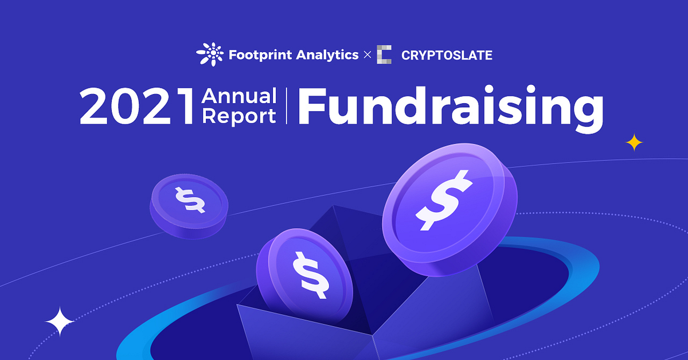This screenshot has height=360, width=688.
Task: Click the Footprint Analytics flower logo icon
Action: (x=210, y=55)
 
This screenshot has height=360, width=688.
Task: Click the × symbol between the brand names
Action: (x=368, y=56)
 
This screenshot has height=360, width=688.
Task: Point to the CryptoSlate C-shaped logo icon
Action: (x=384, y=55)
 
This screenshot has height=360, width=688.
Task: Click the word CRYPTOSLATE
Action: (x=447, y=56)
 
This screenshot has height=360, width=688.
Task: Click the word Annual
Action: (x=239, y=96)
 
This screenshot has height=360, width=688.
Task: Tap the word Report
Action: (x=239, y=116)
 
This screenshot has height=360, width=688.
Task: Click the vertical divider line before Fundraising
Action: (x=286, y=107)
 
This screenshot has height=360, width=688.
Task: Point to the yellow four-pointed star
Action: (x=634, y=142)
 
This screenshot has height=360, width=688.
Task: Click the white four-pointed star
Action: (x=60, y=322)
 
